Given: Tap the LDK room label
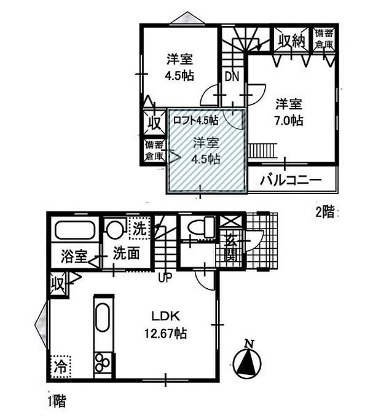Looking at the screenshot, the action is point(165,316).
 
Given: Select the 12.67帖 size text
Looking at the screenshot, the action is point(165,333).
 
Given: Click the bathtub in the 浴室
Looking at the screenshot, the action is point(75,230).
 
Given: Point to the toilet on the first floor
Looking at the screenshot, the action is point(201,227).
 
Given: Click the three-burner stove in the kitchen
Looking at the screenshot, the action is point(103,363).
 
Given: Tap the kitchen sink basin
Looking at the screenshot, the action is point(102,318).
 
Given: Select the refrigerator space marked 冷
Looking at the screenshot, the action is point(61,367).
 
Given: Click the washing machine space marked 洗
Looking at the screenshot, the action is point(139,228).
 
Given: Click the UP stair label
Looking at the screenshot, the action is point(165,278).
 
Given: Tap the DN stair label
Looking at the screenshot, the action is point(232,77).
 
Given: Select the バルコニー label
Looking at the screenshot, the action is point(291,181).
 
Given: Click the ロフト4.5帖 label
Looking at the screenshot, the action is point(195,120).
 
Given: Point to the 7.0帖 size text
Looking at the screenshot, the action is point(288,121).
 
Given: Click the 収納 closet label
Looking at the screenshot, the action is point(291,41).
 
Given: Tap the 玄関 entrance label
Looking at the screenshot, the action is point(231,248).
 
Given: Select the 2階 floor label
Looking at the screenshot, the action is point(324,212).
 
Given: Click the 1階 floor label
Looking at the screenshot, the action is point(57,401).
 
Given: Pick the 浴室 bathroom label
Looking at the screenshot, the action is point(74,256).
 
